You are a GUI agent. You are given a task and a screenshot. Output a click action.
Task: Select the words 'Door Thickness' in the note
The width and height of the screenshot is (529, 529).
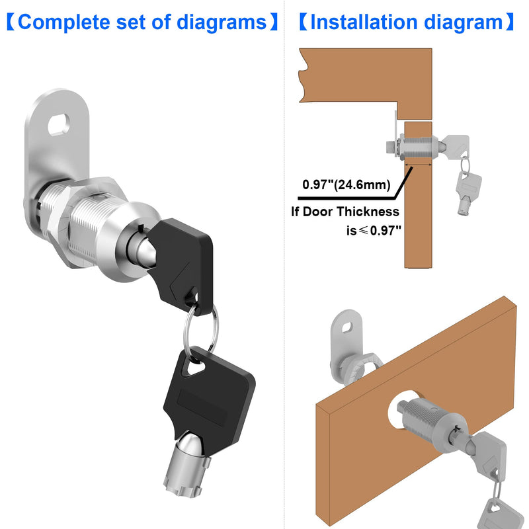tap(358, 212)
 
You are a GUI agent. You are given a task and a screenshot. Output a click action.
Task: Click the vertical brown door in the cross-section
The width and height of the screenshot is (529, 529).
tap(418, 218)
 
